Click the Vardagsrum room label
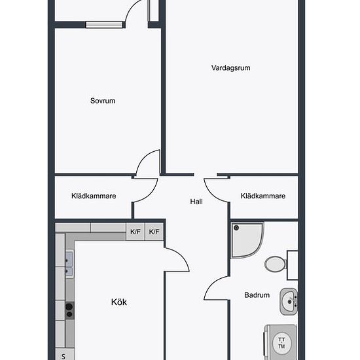tap(231, 68)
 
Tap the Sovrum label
tap(103, 101)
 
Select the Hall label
tap(196, 202)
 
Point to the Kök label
tap(119, 302)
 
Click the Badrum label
tap(257, 295)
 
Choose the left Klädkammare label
tap(94, 196)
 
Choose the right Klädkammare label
tap(263, 196)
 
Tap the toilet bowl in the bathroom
tap(275, 264)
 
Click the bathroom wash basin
tap(289, 302)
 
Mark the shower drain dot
tap(236, 228)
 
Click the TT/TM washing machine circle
tap(281, 343)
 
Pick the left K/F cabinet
tap(135, 232)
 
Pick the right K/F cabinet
tap(154, 232)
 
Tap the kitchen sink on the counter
tap(69, 264)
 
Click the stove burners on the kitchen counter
tap(69, 310)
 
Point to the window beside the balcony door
tap(104, 25)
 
